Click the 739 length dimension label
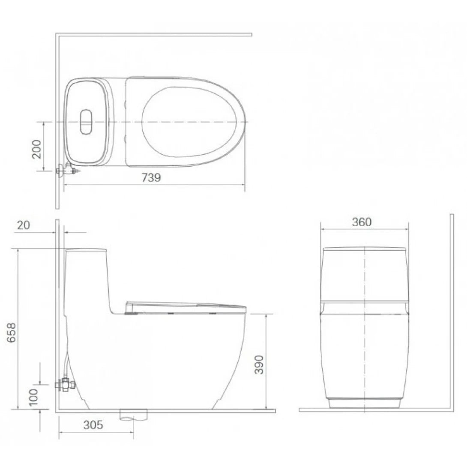tap(151, 177)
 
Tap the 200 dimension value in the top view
tap(37, 149)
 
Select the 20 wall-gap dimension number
tap(24, 225)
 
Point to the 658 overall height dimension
tap(12, 332)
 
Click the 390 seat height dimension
tap(259, 364)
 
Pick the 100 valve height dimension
tap(34, 397)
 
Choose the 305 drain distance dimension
tap(93, 425)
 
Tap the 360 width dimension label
tap(362, 222)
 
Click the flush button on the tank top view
tap(86, 122)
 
